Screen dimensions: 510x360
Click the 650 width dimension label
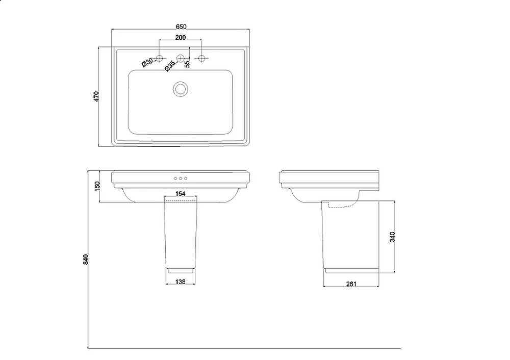point(181,27)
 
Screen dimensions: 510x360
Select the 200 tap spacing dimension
point(181,37)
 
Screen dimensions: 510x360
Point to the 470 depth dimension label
point(96,96)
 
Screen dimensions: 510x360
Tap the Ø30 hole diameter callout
point(147,62)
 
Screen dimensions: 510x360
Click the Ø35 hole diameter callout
point(170,66)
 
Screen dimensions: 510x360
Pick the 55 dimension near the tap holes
point(187,64)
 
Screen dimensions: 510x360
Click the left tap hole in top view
point(159,58)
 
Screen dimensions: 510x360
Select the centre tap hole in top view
point(180,58)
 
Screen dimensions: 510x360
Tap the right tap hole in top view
point(201,58)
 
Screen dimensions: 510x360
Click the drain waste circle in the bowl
point(180,89)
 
